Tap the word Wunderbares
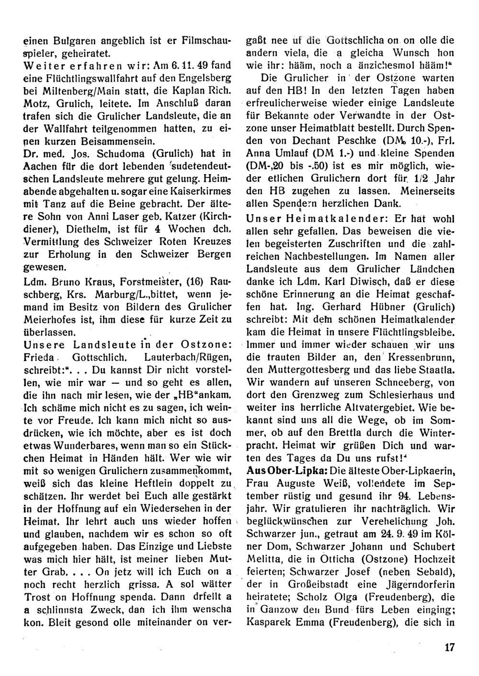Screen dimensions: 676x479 71,444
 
